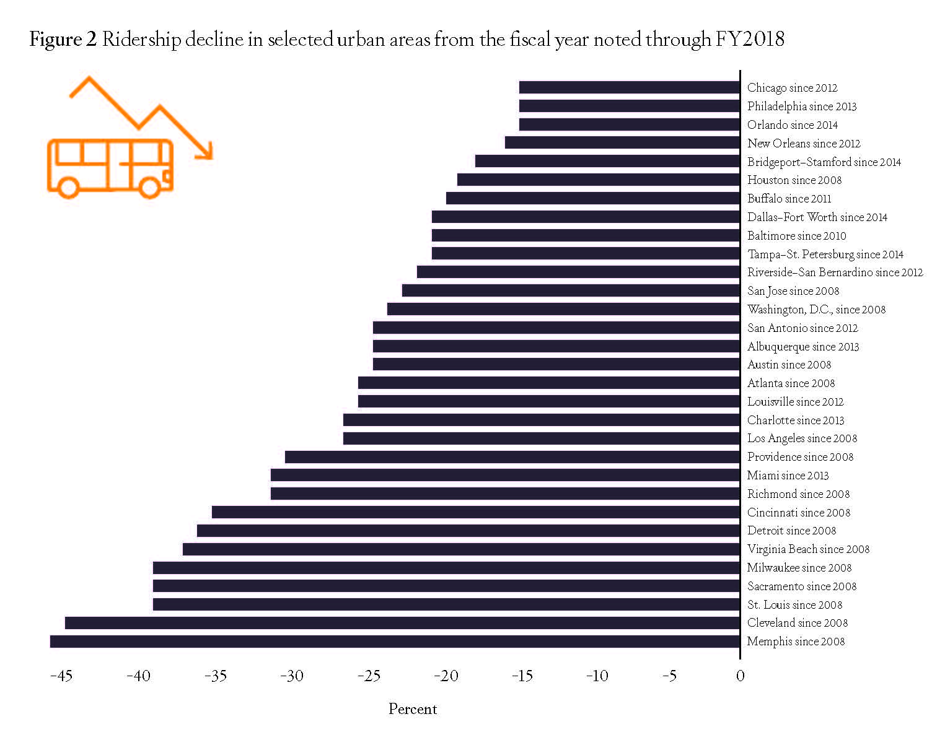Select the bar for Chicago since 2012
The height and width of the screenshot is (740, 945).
629,87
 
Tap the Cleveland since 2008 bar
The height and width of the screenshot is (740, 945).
402,623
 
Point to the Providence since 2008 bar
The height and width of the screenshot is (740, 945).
512,457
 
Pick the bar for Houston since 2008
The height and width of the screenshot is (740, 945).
599,180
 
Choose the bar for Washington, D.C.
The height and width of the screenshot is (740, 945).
563,309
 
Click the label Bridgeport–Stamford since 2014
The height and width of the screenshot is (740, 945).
824,162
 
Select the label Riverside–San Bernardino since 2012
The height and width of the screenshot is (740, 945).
835,272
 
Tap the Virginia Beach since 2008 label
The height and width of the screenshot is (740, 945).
808,549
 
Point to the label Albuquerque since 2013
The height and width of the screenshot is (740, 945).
803,347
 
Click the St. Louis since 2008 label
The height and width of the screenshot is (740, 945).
794,605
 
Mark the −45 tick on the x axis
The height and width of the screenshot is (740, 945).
61,676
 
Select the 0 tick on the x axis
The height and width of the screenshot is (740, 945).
740,676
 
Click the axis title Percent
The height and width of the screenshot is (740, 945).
413,710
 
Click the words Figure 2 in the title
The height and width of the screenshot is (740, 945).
63,40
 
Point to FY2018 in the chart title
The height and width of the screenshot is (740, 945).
750,40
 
